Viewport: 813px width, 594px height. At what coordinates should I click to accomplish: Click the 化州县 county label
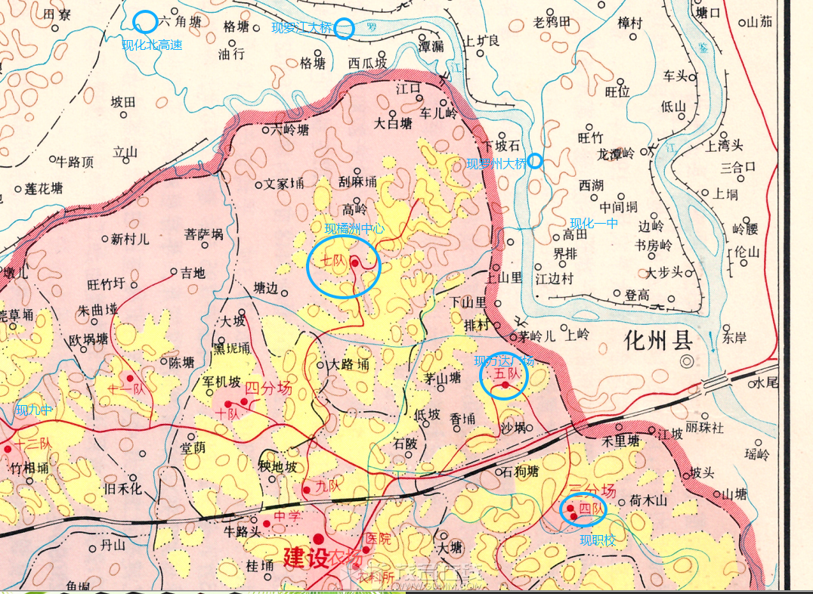(x=659, y=340)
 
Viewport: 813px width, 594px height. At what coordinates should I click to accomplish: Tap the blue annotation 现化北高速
(x=153, y=45)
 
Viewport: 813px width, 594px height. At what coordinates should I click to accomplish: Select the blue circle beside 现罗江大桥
(x=344, y=28)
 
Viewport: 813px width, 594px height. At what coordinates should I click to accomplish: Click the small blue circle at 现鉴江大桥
(x=535, y=160)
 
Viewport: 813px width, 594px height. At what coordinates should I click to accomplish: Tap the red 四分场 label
(x=269, y=389)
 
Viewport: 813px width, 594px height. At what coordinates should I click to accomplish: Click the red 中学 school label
(x=287, y=518)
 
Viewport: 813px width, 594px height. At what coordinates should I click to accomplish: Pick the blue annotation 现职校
(x=597, y=540)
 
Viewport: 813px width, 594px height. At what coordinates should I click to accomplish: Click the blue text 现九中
(x=35, y=410)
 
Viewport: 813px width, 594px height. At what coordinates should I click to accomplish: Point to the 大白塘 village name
(x=394, y=122)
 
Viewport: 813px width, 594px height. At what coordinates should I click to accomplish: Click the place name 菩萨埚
(x=204, y=234)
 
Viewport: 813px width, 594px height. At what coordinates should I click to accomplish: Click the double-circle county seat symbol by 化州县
(x=686, y=361)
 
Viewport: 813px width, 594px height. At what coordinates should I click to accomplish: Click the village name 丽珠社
(x=704, y=428)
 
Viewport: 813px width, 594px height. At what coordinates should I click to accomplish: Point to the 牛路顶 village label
(x=76, y=161)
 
